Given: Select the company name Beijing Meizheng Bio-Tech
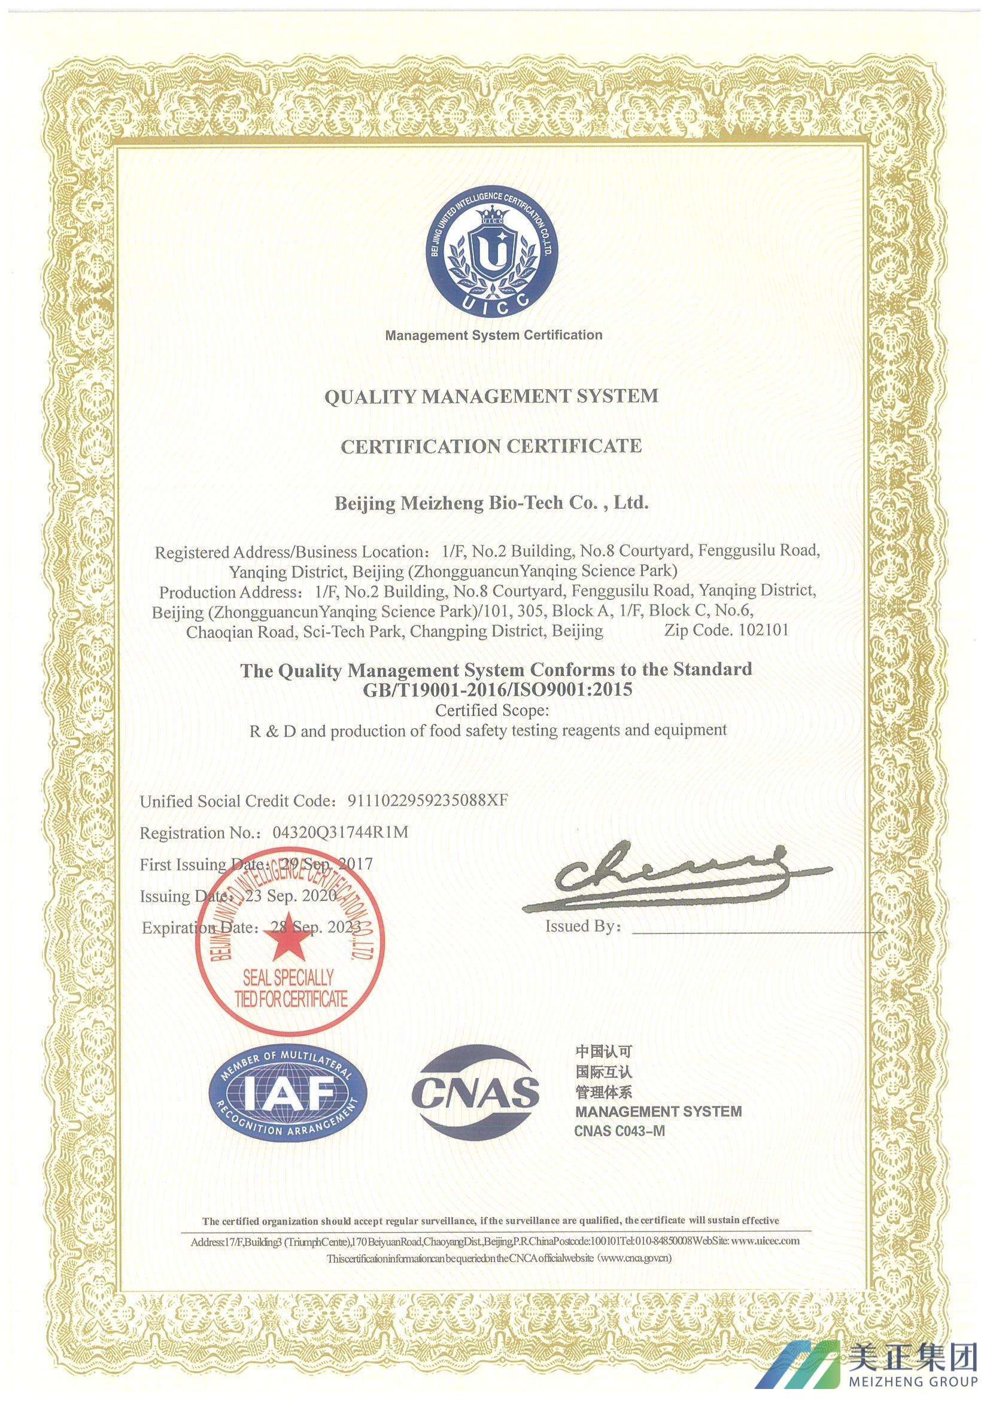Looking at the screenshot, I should coord(491,504).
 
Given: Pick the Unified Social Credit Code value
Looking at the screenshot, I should coord(426,800).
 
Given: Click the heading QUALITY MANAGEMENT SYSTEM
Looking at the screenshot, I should coord(491,396).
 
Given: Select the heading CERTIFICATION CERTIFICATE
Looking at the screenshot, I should coord(491,446).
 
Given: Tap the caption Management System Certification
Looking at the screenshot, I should coord(493,335).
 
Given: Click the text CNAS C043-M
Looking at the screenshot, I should coord(619,1131).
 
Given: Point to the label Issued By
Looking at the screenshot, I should coord(582,926).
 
